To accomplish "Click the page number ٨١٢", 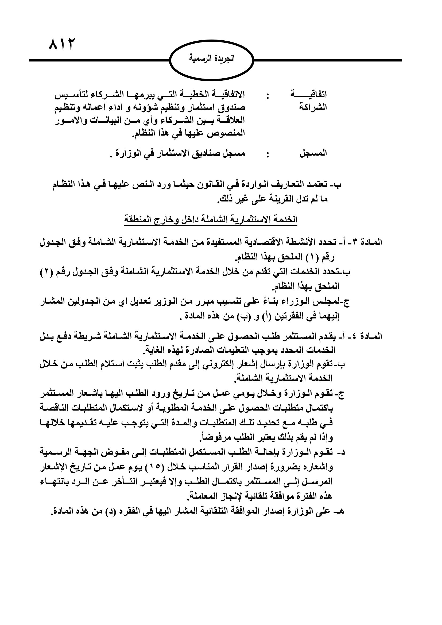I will tap(61, 44).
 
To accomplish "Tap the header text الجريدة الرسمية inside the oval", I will tap(212, 59).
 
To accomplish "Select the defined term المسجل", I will tap(313, 154).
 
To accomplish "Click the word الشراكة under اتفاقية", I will tap(313, 107).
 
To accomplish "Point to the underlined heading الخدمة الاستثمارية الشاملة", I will tap(211, 220).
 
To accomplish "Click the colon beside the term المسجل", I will tap(268, 154).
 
